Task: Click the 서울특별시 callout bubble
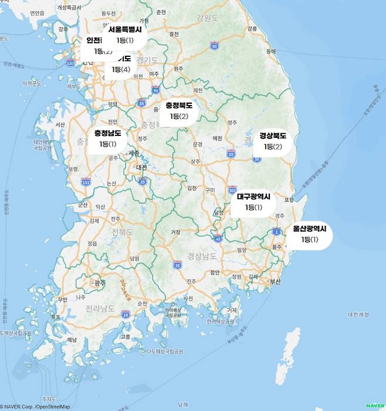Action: [x=125, y=35]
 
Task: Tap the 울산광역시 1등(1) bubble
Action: [x=309, y=234]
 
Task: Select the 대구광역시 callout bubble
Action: [x=253, y=202]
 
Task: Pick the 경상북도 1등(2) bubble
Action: [x=273, y=141]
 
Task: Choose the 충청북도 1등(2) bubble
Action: [x=179, y=111]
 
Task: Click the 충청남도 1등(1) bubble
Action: [x=108, y=138]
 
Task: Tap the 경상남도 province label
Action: [x=202, y=256]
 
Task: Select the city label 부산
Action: [x=275, y=282]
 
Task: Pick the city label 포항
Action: [x=288, y=200]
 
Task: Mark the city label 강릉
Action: [x=252, y=28]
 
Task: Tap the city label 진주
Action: [x=192, y=281]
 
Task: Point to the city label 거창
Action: [x=175, y=232]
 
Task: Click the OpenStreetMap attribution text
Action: [x=52, y=406]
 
